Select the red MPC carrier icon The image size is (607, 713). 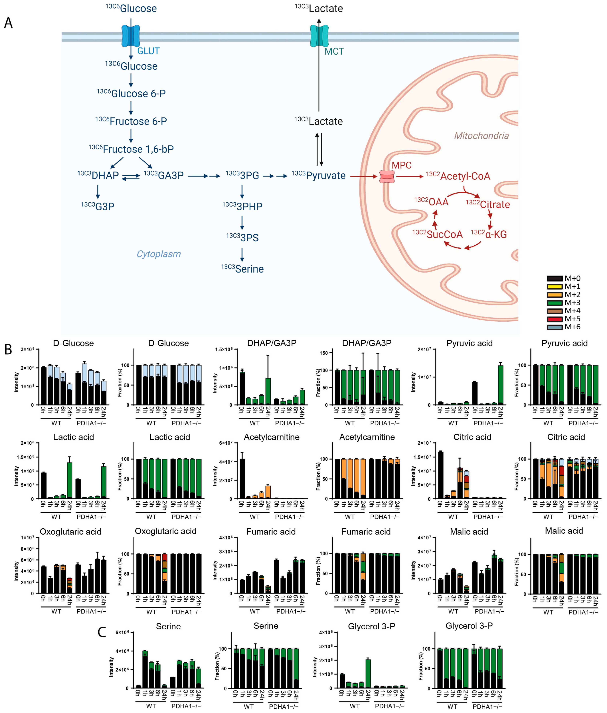pyautogui.click(x=387, y=177)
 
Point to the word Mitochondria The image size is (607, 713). pyautogui.click(x=481, y=136)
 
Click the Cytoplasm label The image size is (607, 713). pyautogui.click(x=159, y=254)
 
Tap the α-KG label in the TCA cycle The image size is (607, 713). pyautogui.click(x=495, y=235)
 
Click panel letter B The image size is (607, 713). pyautogui.click(x=8, y=350)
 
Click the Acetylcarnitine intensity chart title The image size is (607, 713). pyautogui.click(x=272, y=437)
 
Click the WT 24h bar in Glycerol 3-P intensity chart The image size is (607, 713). pyautogui.click(x=368, y=673)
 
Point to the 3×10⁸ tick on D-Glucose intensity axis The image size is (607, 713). pyautogui.click(x=28, y=350)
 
